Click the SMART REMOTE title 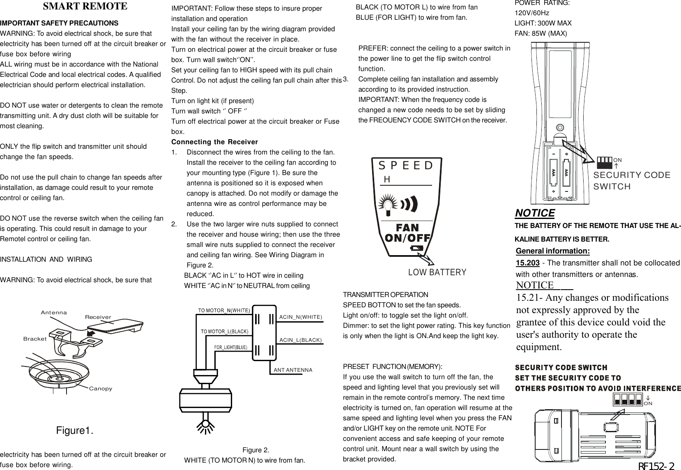(85, 7)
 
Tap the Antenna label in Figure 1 (54, 313)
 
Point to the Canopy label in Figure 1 (101, 388)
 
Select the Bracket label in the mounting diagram (35, 339)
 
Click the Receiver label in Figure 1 (98, 317)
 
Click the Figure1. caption (74, 431)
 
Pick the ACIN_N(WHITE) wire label (301, 317)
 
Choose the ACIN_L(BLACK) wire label (300, 340)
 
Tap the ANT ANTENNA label (293, 370)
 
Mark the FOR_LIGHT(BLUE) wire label (231, 347)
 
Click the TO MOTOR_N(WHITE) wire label (224, 310)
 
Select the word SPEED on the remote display (406, 166)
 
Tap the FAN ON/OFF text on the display (407, 233)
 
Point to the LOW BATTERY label (437, 272)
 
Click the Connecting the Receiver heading (214, 142)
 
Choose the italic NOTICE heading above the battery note (535, 213)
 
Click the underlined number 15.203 (527, 263)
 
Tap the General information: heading (552, 251)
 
